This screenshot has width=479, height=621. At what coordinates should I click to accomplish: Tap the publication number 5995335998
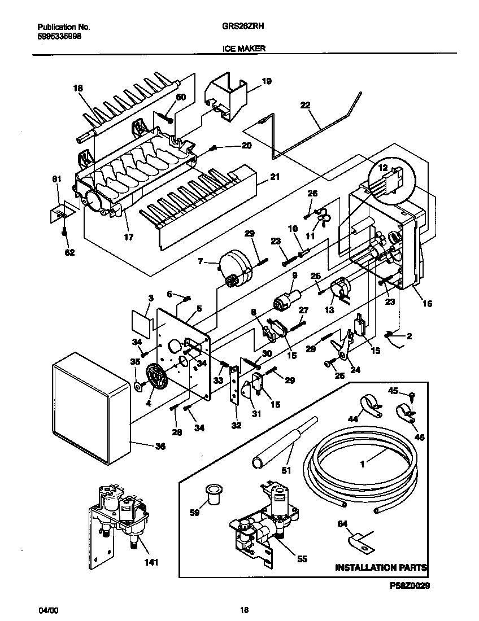coord(59,34)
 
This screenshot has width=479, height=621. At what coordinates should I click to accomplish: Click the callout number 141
coord(151,562)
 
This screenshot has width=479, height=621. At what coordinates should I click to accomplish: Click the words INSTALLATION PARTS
coord(381,567)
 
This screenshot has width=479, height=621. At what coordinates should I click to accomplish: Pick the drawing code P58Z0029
coord(410,587)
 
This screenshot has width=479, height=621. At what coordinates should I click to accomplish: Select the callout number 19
coord(266,81)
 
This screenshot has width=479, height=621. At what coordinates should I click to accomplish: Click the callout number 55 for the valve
coord(302,559)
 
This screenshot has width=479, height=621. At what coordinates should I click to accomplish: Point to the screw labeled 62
coord(65,231)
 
